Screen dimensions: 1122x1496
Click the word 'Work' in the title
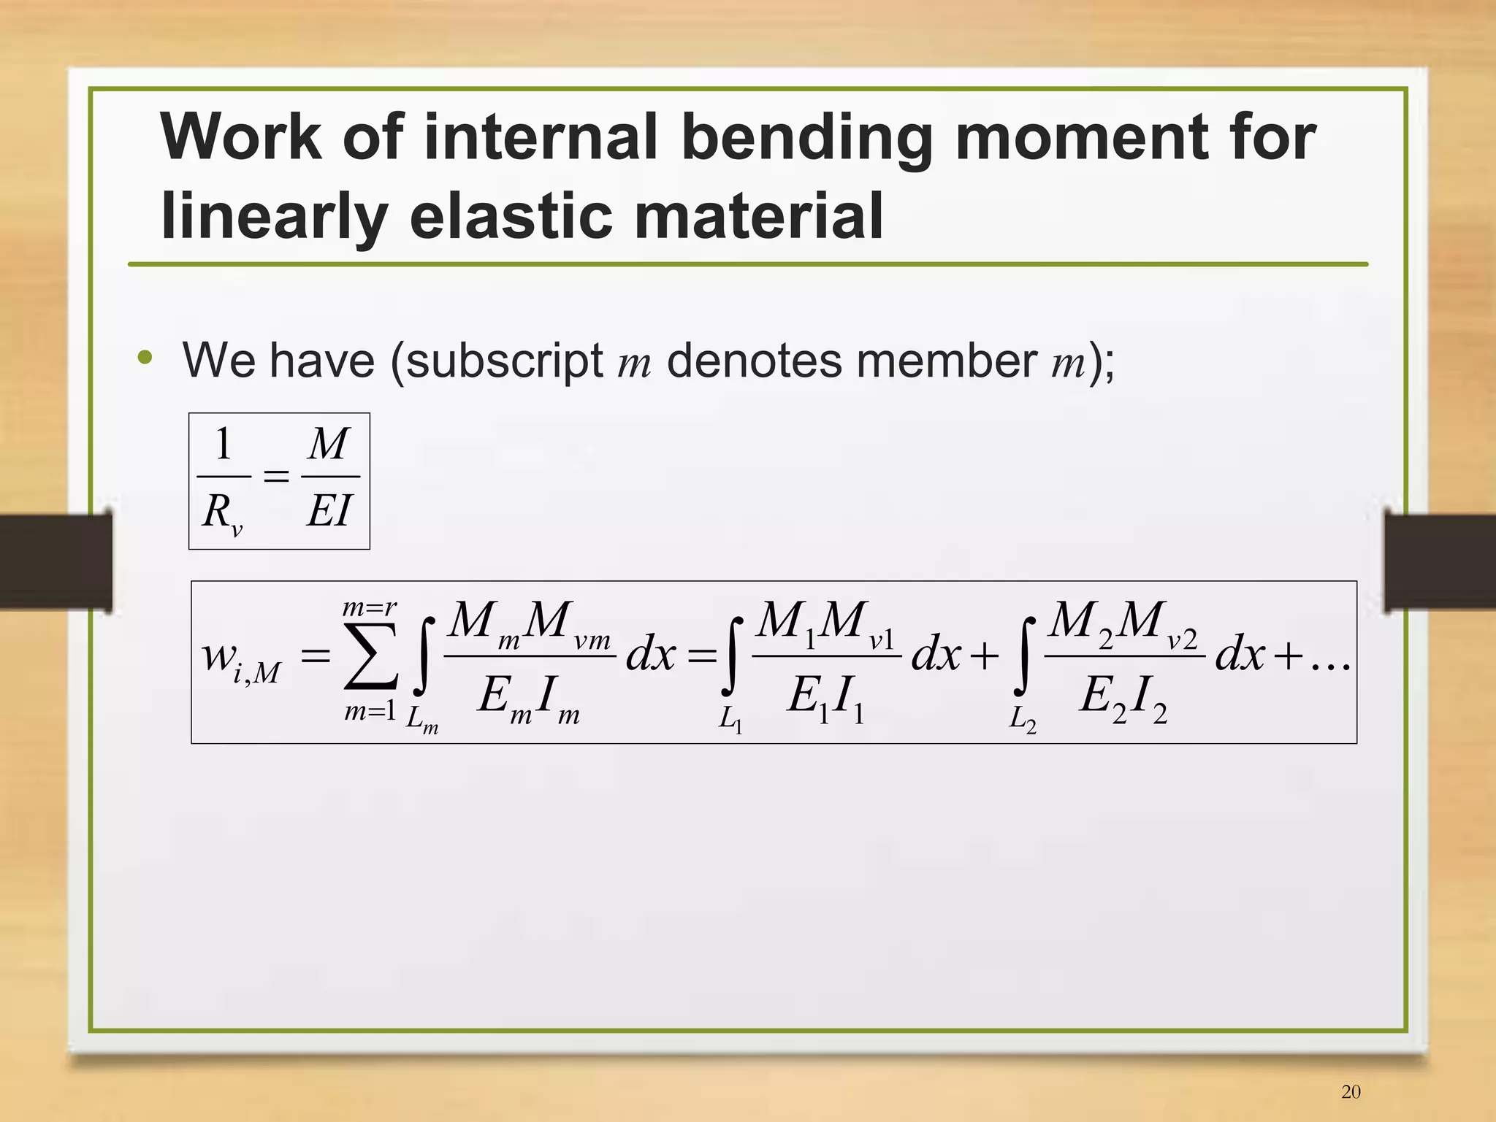pos(241,137)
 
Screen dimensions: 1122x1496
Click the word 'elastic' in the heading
pos(511,216)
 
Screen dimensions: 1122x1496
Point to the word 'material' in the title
pos(759,216)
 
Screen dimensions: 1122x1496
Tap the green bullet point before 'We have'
pos(145,357)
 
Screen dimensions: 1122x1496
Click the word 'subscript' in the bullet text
pos(505,361)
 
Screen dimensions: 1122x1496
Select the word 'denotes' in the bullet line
pos(755,361)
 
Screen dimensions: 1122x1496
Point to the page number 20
pos(1351,1091)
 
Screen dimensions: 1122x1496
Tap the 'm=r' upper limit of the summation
pos(370,607)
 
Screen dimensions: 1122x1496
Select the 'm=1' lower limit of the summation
pos(370,710)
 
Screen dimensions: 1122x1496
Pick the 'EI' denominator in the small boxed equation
pos(329,510)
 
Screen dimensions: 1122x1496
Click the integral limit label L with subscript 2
pos(1022,720)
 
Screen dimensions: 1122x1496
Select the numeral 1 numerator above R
pos(224,444)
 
